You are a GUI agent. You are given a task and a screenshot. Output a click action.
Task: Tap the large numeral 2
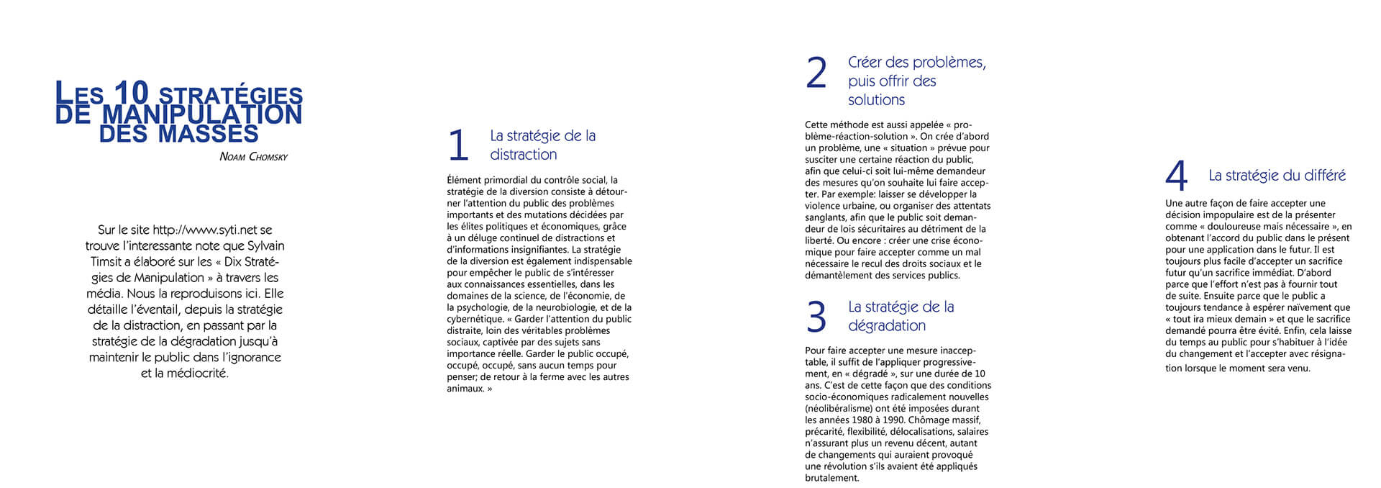click(816, 73)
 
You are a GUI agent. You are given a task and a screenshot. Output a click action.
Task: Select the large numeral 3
click(816, 317)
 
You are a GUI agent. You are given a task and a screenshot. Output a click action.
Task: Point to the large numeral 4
click(1176, 176)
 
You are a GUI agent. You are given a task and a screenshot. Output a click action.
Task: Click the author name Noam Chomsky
click(253, 157)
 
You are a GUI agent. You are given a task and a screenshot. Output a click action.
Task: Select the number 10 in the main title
click(131, 94)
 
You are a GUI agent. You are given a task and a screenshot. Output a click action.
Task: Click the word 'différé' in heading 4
click(1321, 176)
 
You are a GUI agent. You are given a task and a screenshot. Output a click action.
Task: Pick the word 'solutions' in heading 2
click(876, 100)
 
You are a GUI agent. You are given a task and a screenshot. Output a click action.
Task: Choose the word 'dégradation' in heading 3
click(887, 325)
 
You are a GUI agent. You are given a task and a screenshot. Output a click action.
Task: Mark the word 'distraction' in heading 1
click(523, 155)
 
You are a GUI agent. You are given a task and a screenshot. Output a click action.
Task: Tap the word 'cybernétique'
click(475, 319)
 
